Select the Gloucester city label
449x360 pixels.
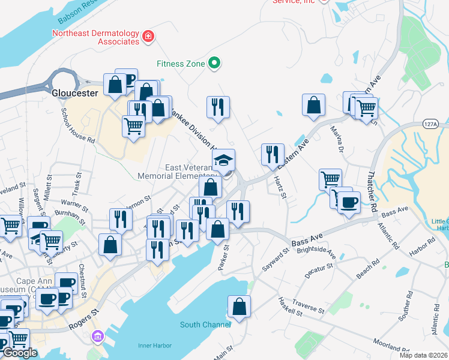tap(74, 93)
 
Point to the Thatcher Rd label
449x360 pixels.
tap(371, 188)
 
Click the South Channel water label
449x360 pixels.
tap(205, 325)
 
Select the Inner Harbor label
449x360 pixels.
tap(155, 346)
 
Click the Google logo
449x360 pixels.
tap(19, 353)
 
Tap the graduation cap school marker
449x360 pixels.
tap(223, 160)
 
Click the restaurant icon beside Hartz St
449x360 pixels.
tap(273, 154)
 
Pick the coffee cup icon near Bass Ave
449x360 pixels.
tap(349, 202)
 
